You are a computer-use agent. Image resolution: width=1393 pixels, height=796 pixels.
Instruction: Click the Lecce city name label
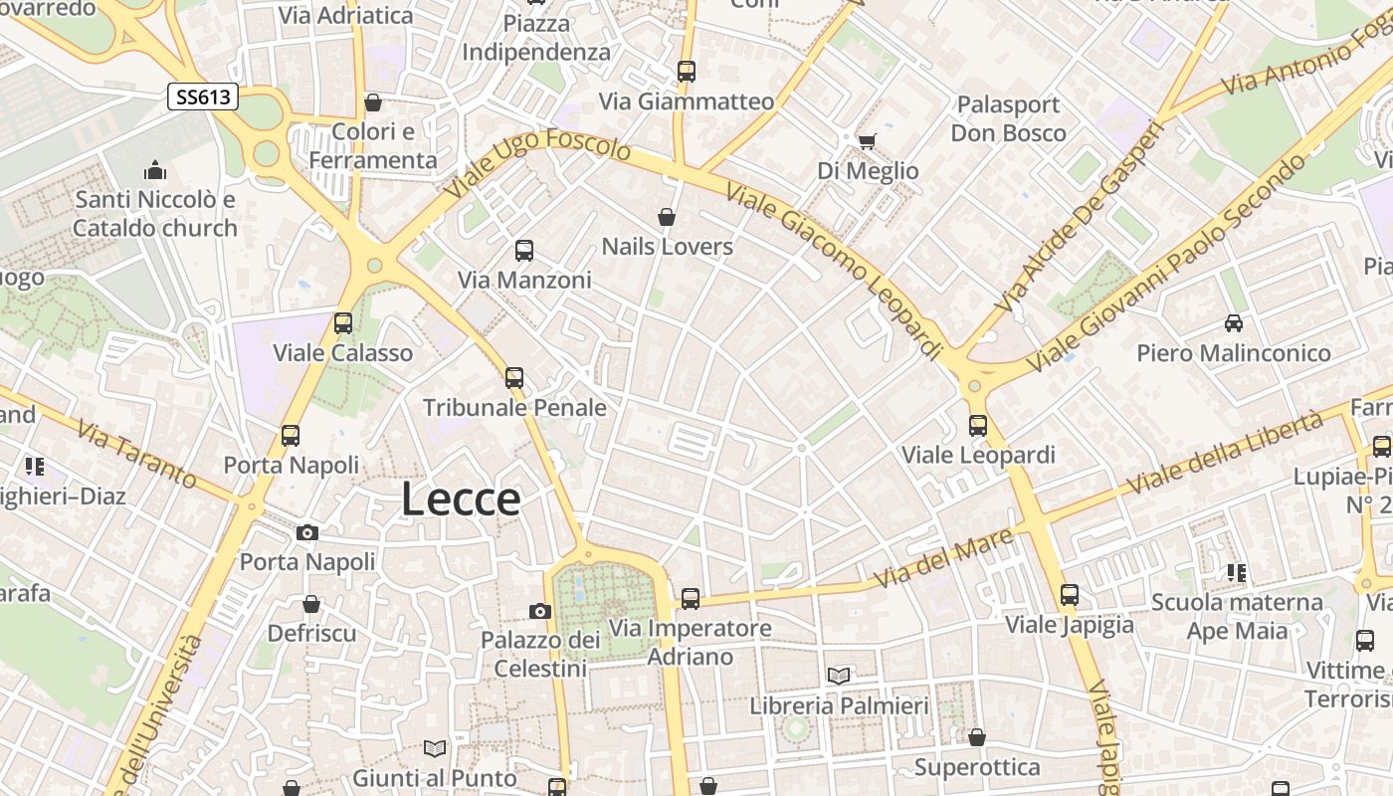(461, 498)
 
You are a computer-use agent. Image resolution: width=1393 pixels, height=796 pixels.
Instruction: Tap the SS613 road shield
(203, 97)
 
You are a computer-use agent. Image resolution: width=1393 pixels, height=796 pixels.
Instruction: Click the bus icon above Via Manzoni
(524, 251)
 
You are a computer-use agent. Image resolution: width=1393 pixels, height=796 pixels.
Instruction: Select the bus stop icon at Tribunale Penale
(514, 378)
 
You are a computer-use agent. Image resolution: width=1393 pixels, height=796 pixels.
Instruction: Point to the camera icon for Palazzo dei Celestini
(540, 611)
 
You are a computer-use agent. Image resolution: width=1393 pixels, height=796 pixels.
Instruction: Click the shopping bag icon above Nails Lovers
(667, 217)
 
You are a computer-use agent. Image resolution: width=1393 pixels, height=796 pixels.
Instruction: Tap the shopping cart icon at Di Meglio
(867, 141)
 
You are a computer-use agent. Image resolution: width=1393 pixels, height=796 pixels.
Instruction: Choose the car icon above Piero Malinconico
(1234, 323)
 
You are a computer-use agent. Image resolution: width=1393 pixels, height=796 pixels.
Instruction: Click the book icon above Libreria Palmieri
(839, 677)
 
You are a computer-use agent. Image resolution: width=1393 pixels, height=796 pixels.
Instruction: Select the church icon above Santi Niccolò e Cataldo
(154, 171)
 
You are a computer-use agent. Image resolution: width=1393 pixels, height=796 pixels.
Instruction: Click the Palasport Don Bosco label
(1008, 118)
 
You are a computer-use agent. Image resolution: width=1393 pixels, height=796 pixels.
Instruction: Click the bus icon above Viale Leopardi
(978, 426)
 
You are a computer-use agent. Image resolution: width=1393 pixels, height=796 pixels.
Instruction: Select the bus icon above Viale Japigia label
(1070, 595)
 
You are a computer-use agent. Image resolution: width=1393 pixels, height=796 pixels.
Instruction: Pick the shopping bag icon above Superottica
(977, 737)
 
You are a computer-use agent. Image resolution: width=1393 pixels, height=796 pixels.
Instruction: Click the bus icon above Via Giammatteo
(687, 72)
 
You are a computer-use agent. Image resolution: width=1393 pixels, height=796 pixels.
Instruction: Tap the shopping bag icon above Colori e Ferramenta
(373, 102)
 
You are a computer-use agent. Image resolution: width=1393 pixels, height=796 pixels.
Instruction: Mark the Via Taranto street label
(137, 456)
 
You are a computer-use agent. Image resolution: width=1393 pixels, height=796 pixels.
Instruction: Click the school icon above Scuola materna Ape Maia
(1237, 572)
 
